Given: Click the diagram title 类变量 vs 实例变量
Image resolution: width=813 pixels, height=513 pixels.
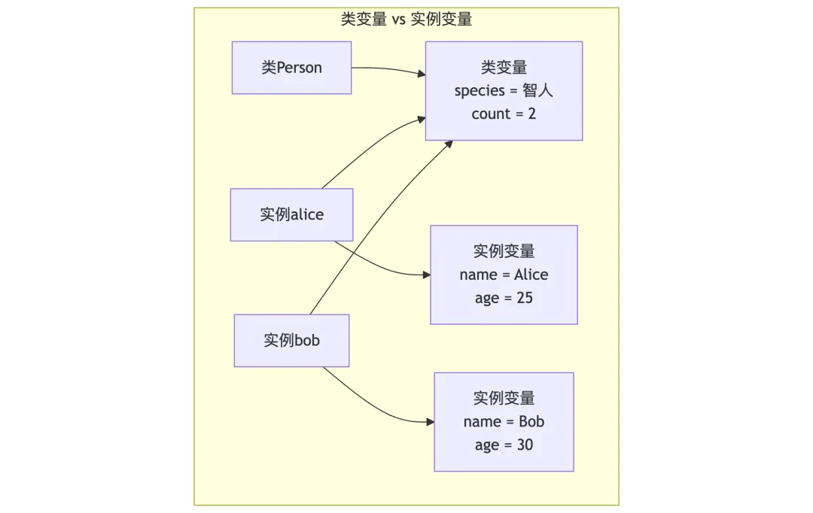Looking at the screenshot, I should (406, 20).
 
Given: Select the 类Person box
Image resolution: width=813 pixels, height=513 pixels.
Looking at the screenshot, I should (291, 68).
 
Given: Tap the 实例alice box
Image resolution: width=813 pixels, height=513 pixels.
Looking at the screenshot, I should (291, 214).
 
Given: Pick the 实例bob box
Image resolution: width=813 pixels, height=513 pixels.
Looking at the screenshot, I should (291, 340).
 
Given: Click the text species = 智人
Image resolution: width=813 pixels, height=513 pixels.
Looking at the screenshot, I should (504, 91).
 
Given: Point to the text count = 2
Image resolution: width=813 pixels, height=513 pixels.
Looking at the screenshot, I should (504, 114).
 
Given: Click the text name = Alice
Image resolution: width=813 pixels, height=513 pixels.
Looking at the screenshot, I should (504, 275).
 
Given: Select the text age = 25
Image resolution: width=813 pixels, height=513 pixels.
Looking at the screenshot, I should (504, 298).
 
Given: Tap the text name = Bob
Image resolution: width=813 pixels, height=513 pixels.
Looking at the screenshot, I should (504, 421).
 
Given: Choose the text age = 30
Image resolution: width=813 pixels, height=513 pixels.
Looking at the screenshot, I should (504, 445).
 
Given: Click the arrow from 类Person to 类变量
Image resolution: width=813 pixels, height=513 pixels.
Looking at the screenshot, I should (388, 69).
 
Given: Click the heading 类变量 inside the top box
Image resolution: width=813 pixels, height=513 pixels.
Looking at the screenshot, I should (504, 68).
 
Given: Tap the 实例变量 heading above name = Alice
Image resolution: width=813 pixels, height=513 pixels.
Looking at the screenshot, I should (504, 251).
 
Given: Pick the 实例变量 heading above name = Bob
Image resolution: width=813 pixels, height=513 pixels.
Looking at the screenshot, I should (504, 398).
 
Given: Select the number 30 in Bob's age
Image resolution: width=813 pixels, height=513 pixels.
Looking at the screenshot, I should (524, 445).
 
